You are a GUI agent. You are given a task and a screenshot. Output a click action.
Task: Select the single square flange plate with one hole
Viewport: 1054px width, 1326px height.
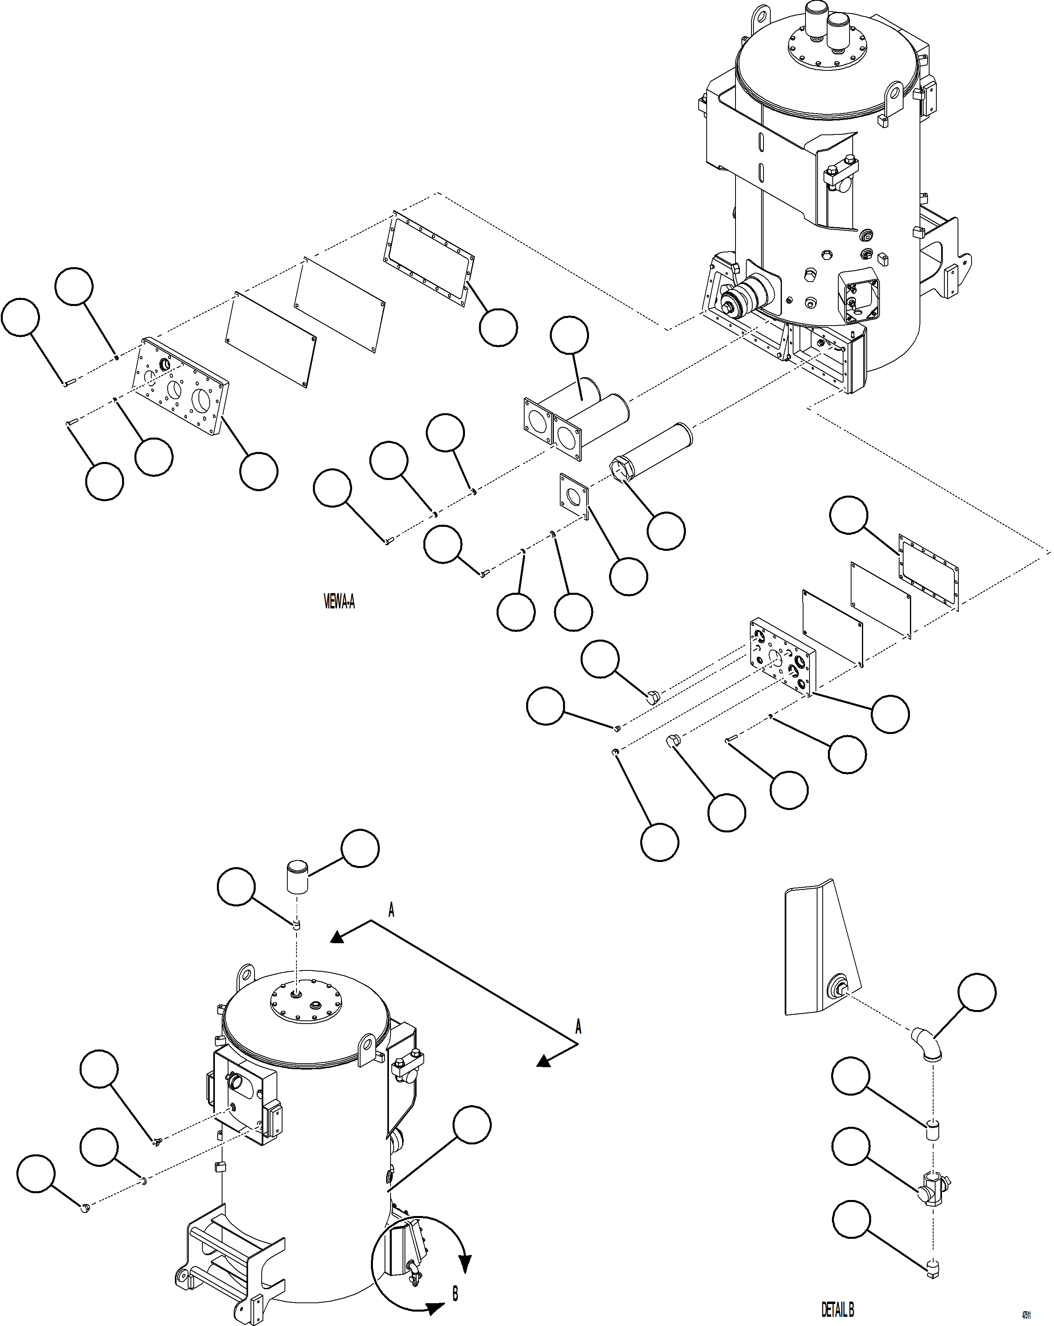pyautogui.click(x=573, y=494)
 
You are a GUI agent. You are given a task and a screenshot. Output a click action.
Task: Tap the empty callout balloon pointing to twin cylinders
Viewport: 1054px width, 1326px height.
pyautogui.click(x=569, y=335)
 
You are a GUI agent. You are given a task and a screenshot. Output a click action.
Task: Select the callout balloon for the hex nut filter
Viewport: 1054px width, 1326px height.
pyautogui.click(x=666, y=531)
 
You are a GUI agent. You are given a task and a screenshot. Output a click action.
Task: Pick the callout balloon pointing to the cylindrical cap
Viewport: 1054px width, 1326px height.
pyautogui.click(x=360, y=848)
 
